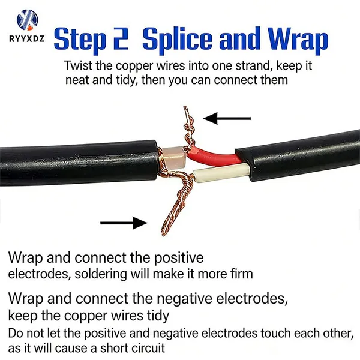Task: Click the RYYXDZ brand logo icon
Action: tap(28, 20)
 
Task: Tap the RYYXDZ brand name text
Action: tap(27, 38)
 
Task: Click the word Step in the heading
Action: tap(80, 40)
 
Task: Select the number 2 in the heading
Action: tap(121, 38)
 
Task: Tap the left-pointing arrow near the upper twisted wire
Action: tap(227, 118)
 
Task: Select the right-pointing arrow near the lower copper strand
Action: tap(124, 223)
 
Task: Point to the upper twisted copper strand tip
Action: tap(184, 107)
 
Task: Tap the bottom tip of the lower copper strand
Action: tap(163, 234)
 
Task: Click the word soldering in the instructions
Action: tap(101, 274)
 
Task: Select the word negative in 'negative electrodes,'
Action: tap(184, 298)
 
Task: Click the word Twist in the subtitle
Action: tap(78, 65)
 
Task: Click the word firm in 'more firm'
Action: tap(241, 274)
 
